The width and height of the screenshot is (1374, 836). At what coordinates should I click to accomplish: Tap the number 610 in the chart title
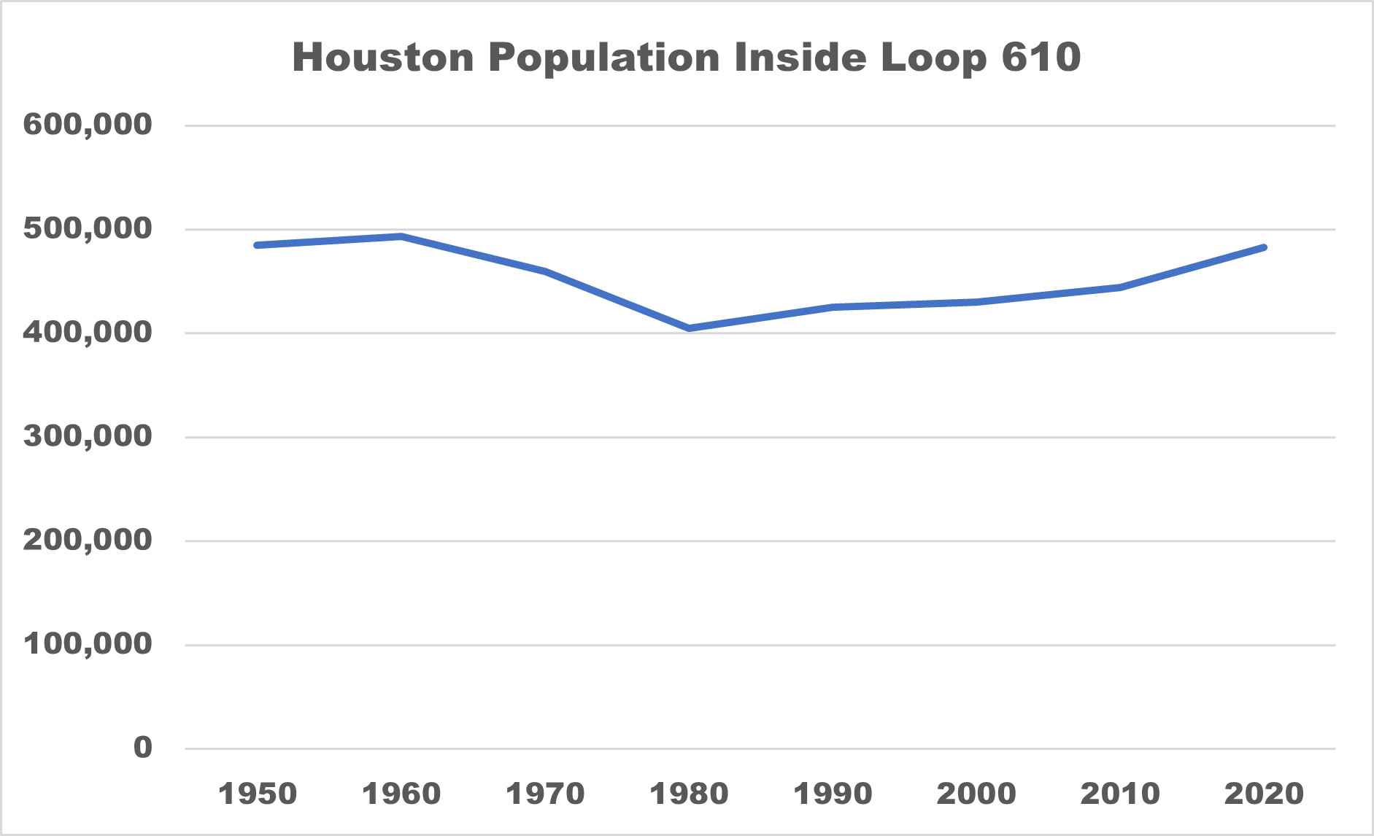[1041, 57]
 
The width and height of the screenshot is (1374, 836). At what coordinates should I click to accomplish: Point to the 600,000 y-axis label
[88, 125]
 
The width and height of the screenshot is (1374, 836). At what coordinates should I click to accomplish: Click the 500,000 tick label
[88, 229]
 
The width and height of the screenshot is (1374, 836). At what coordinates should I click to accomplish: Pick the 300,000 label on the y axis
[88, 437]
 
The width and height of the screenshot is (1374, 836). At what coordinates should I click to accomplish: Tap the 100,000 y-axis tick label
[88, 644]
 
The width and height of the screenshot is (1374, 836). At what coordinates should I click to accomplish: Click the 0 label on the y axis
[143, 748]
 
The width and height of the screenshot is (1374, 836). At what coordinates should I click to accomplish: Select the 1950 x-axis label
[258, 794]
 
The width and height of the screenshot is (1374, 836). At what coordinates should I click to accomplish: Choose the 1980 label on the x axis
[689, 794]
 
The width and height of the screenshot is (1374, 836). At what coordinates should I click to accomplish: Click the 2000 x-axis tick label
[976, 794]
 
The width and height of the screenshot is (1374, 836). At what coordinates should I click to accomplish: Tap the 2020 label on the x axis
[1264, 794]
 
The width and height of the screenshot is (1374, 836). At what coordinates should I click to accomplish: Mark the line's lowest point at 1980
[689, 328]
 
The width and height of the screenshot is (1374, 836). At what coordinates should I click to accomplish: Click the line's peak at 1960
[401, 236]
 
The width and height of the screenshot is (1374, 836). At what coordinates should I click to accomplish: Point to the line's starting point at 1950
[258, 245]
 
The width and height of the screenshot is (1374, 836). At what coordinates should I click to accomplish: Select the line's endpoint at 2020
[1264, 248]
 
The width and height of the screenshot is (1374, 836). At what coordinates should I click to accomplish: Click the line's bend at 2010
[1120, 287]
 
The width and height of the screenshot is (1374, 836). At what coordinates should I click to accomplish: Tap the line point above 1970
[545, 271]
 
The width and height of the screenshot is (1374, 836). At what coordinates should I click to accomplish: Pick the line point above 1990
[833, 307]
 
